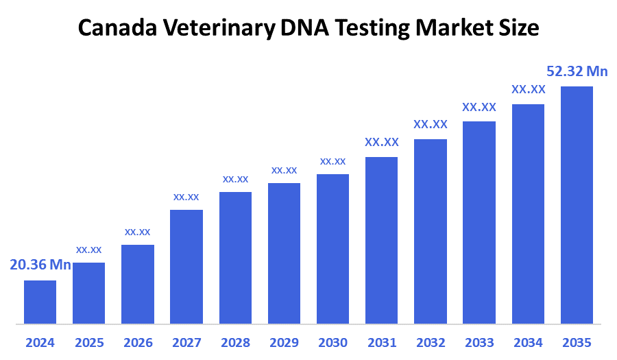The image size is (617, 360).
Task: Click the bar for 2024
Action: tap(40, 302)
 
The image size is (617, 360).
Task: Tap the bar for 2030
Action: tap(332, 248)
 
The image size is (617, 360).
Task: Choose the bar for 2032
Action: tap(431, 231)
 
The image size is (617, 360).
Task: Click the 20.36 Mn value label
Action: tap(40, 265)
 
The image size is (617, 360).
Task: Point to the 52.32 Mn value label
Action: tap(577, 71)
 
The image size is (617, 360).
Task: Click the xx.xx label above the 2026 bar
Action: tap(137, 231)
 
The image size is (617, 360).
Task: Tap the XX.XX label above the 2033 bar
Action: tap(479, 107)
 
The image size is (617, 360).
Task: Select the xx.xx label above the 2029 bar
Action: tap(284, 169)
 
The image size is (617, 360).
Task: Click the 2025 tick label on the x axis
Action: tap(88, 342)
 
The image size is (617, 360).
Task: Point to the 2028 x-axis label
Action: tap(235, 342)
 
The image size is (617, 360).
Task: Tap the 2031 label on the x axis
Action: tap(381, 342)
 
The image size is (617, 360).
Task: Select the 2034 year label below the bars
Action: tap(528, 342)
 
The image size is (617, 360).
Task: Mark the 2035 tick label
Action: tap(577, 342)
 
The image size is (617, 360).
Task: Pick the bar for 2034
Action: tap(528, 213)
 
